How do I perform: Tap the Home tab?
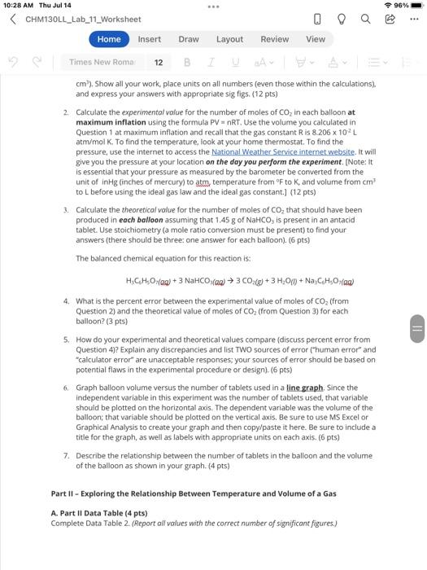point(109,39)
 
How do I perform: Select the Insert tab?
point(149,39)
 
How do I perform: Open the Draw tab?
point(189,39)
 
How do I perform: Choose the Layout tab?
point(229,39)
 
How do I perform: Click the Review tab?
point(274,39)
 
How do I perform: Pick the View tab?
point(316,39)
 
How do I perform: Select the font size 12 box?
point(159,62)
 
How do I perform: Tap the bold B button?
point(188,62)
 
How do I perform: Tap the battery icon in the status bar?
point(413,6)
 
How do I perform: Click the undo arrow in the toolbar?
point(15,62)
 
